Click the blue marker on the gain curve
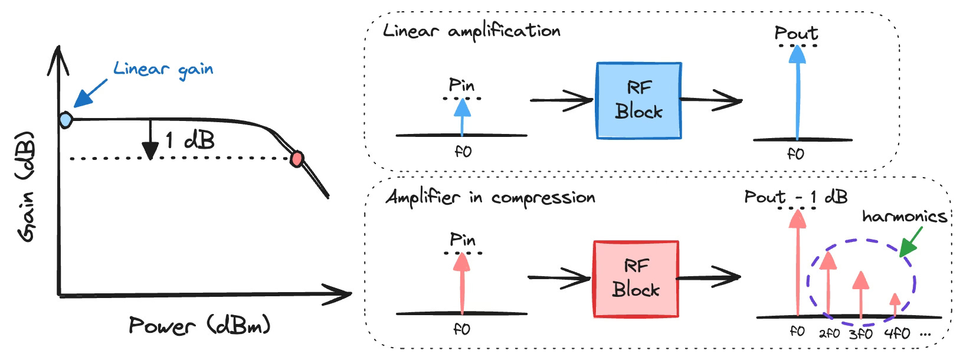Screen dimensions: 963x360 click(65, 120)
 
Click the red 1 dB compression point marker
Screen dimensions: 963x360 click(297, 159)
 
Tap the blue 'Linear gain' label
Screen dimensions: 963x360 click(163, 70)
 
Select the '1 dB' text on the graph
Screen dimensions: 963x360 click(189, 140)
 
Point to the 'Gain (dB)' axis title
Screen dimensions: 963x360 click(26, 186)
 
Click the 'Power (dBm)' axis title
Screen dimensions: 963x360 click(199, 326)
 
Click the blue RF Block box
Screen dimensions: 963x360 click(639, 101)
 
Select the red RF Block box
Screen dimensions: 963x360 click(636, 279)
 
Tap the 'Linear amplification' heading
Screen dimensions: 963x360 click(471, 31)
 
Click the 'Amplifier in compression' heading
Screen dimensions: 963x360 click(490, 198)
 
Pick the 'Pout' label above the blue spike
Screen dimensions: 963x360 click(796, 33)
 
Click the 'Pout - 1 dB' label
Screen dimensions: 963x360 click(796, 197)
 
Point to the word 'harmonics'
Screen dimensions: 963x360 click(905, 217)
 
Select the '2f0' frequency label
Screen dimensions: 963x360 click(829, 333)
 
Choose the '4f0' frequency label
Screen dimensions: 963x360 click(897, 333)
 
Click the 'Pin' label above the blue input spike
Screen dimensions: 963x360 click(461, 85)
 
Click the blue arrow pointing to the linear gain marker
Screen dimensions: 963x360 click(90, 93)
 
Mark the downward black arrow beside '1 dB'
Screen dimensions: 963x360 click(150, 139)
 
